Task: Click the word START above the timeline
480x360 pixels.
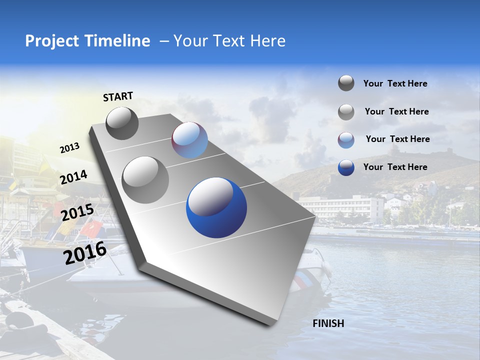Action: click(118, 96)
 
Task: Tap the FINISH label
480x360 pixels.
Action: click(328, 323)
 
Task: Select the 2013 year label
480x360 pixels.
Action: click(69, 148)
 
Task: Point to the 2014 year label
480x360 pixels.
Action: click(74, 177)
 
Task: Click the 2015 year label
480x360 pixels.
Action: click(77, 212)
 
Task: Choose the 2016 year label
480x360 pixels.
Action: click(85, 252)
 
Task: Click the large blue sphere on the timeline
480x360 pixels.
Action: click(216, 207)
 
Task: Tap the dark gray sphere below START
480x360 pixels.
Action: click(122, 123)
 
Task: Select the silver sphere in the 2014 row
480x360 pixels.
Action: click(145, 179)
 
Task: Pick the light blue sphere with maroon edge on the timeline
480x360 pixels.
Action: click(189, 140)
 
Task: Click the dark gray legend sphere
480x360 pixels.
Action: click(346, 83)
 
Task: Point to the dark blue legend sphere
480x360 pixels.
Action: click(346, 167)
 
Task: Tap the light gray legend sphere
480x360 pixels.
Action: click(346, 112)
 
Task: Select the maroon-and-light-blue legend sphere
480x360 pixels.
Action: click(346, 140)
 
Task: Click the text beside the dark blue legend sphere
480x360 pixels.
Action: click(395, 167)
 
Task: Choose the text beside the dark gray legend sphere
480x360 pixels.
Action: click(395, 83)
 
